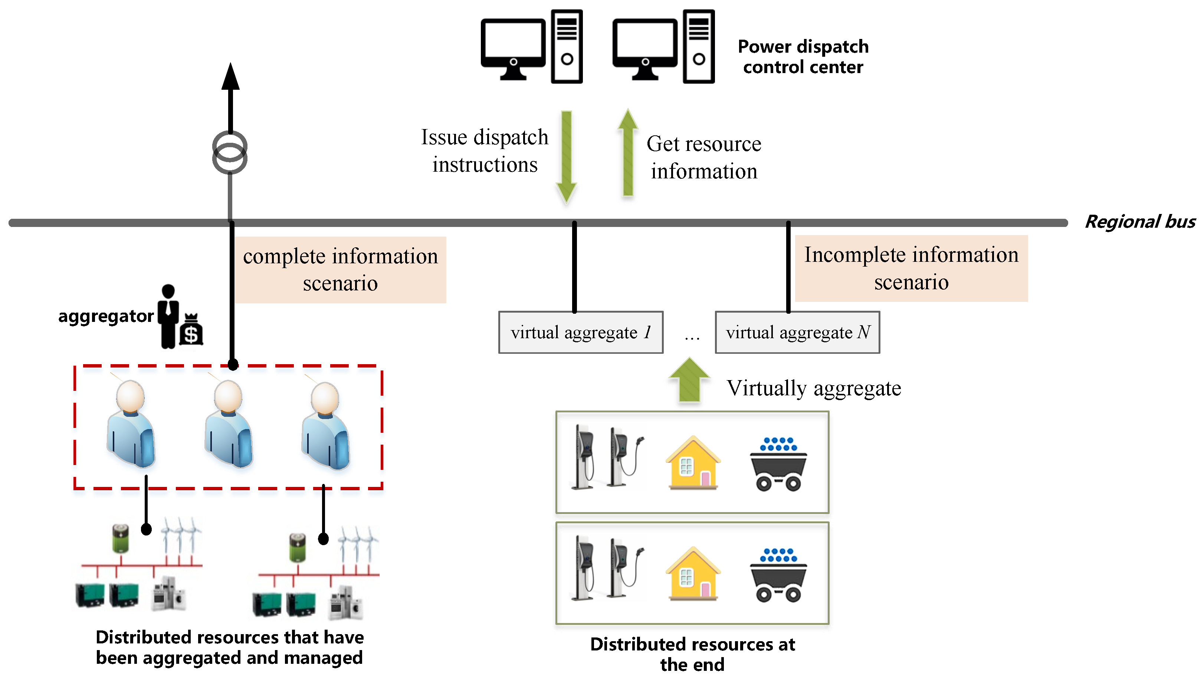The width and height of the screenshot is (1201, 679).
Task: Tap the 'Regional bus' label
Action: coord(1139,221)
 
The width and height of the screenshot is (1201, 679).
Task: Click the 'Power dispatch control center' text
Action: coord(803,56)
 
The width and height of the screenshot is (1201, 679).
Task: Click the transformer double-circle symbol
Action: coord(230,152)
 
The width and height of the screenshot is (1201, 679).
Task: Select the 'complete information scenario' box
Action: coord(340,270)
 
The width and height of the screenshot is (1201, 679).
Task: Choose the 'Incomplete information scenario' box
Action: coord(910,268)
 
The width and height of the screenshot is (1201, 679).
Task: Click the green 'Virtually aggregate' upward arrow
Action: coord(689,380)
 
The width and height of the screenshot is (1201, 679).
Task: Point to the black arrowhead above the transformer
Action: coord(230,77)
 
